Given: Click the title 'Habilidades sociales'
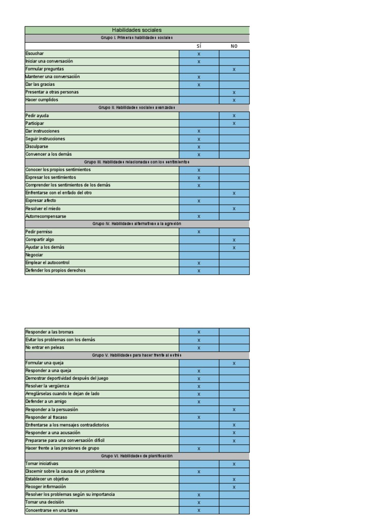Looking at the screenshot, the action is pos(137,30).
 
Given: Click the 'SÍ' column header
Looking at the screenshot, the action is pos(199,46).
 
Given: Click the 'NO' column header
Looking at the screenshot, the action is pos(234,46).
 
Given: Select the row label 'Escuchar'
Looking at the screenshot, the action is pos(35,53).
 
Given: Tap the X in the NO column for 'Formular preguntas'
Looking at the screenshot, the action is pos(234,69).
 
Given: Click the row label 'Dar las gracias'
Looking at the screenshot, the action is pos(40,84).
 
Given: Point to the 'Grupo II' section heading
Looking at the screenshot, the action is pos(137,108).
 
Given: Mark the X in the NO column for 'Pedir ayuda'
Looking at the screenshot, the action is pos(234,116).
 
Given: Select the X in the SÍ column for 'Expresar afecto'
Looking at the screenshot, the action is pos(199,201).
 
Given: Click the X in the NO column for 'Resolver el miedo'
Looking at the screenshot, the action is pos(234,209).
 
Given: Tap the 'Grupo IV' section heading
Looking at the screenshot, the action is pos(137,224).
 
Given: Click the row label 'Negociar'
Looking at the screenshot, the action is pos(35,255).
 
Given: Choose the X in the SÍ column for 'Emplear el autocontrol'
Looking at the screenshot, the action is pos(199,263).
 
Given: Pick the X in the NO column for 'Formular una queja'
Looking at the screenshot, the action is pos(234,364).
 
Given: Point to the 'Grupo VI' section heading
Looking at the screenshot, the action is pos(137,456).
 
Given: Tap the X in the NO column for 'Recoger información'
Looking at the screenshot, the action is pos(234,487).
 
